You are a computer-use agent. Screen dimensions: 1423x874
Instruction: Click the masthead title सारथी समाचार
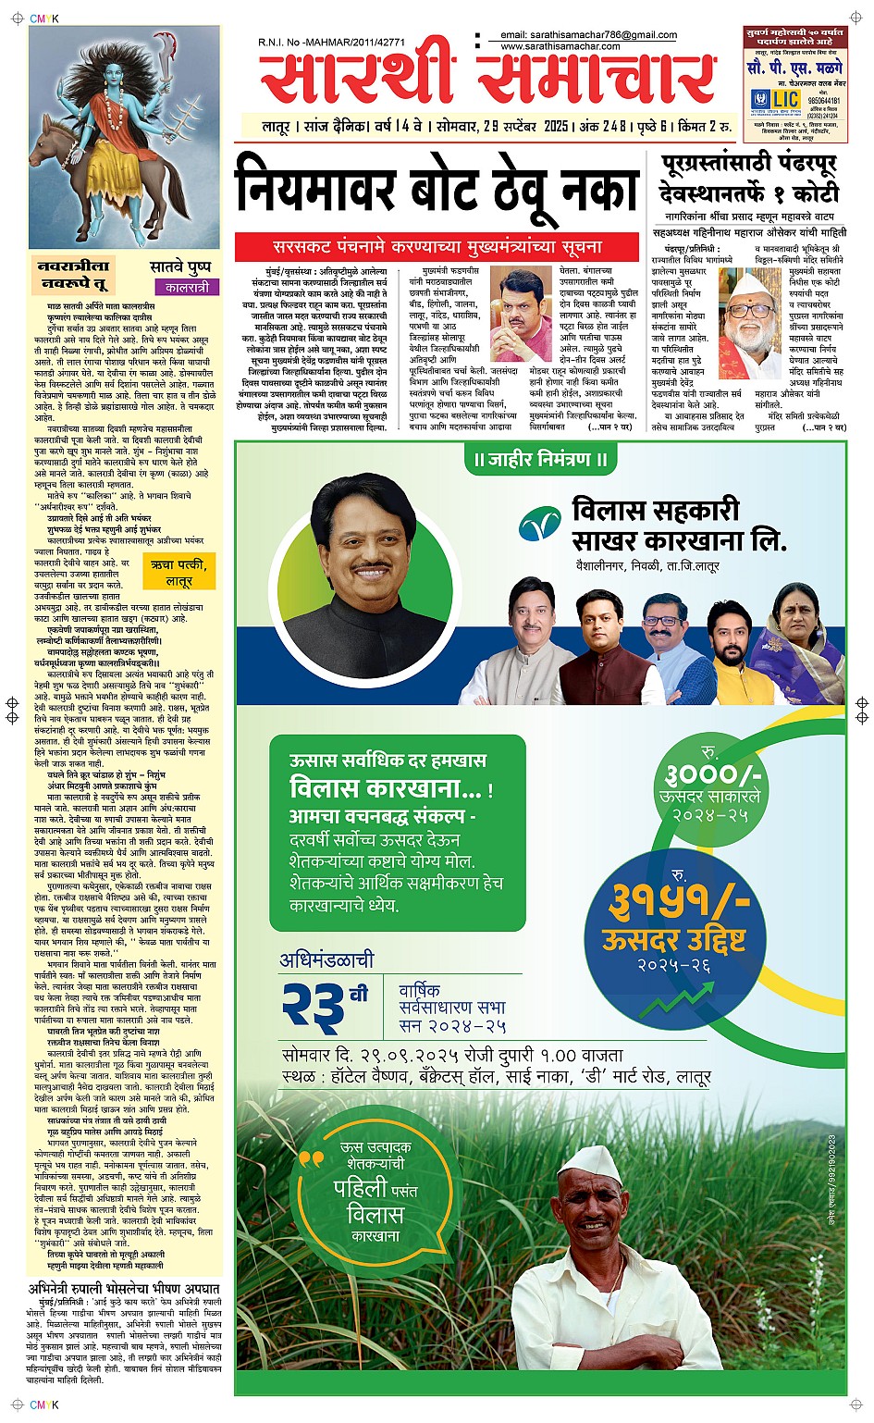coord(488,76)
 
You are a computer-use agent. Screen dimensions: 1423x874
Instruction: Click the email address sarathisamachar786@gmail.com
coord(589,35)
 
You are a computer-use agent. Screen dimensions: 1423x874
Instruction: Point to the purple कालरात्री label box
coord(183,288)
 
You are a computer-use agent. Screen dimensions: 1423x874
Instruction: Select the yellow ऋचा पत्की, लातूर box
coord(179,573)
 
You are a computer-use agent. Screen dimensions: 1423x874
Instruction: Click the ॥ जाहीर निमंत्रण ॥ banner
coord(540,460)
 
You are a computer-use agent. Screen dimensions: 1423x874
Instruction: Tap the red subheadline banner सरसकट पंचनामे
coord(437,247)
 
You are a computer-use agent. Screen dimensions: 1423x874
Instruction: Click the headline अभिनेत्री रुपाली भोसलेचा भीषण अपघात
coord(124,1288)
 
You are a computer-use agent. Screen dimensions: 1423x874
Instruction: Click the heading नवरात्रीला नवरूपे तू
coord(74,274)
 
